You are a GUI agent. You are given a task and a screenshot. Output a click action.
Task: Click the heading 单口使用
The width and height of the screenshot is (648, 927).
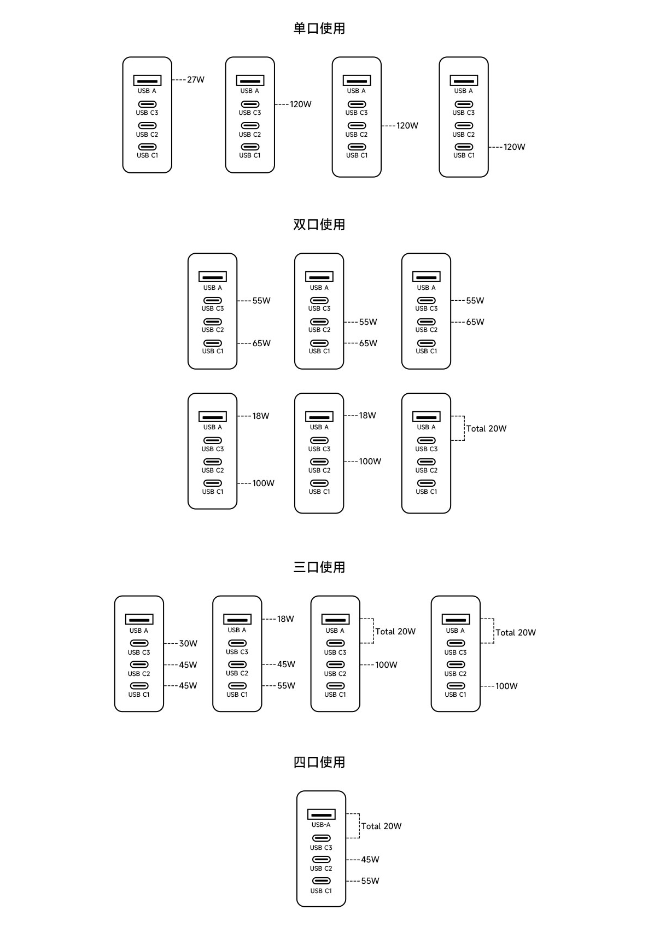pyautogui.click(x=319, y=28)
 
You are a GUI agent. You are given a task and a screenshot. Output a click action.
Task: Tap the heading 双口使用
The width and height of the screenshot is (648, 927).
pyautogui.click(x=319, y=224)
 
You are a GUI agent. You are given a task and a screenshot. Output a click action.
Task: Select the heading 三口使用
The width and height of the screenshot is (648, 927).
pyautogui.click(x=319, y=567)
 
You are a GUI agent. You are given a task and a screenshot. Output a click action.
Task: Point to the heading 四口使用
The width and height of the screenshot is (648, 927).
pyautogui.click(x=319, y=762)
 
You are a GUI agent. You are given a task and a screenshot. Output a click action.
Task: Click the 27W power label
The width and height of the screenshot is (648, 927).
pyautogui.click(x=196, y=79)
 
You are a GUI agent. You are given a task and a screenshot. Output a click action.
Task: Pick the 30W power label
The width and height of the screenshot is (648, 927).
pyautogui.click(x=188, y=644)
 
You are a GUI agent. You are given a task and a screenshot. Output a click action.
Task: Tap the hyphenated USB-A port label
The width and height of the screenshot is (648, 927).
pyautogui.click(x=321, y=825)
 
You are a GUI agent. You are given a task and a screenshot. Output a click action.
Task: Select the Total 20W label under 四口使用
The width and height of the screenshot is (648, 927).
pyautogui.click(x=381, y=826)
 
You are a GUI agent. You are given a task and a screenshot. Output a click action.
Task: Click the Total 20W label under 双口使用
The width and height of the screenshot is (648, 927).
pyautogui.click(x=486, y=428)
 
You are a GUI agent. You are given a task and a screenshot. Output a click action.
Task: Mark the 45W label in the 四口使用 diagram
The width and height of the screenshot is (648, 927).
pyautogui.click(x=370, y=860)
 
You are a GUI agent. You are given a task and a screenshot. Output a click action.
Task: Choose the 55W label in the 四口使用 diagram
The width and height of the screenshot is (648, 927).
pyautogui.click(x=370, y=881)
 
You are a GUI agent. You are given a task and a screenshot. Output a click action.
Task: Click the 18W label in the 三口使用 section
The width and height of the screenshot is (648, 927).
pyautogui.click(x=285, y=619)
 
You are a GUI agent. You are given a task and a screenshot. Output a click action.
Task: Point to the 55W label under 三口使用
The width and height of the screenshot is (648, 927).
pyautogui.click(x=286, y=686)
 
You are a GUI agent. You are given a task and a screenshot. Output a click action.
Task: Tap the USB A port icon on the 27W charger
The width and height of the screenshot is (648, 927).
pyautogui.click(x=147, y=80)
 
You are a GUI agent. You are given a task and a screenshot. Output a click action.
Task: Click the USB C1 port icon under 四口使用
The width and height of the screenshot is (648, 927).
pyautogui.click(x=321, y=881)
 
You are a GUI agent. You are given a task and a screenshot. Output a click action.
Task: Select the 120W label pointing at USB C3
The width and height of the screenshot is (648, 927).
pyautogui.click(x=300, y=104)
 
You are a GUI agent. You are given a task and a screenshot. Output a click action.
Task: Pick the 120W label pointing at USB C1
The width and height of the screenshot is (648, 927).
pyautogui.click(x=515, y=147)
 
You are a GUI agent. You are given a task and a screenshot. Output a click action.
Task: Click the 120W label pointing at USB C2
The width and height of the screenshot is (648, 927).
pyautogui.click(x=407, y=125)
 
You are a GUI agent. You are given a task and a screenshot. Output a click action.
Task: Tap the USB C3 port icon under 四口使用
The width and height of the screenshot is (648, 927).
pyautogui.click(x=321, y=838)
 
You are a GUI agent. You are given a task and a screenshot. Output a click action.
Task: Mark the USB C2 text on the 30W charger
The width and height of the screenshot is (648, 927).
pyautogui.click(x=139, y=674)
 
